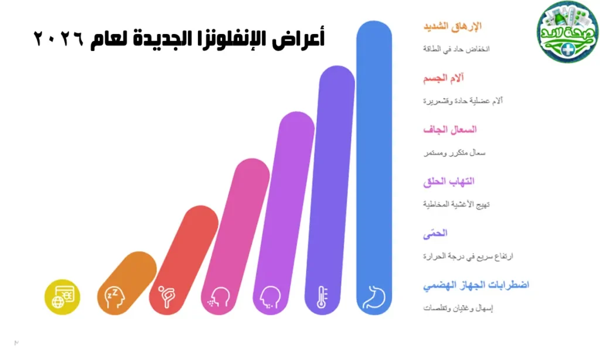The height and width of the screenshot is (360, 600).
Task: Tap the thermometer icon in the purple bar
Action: click(x=322, y=297)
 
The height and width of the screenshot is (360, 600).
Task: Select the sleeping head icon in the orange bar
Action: click(x=115, y=297)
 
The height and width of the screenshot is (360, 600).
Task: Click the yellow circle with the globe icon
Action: click(x=62, y=297)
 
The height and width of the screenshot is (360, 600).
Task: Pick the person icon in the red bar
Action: click(x=167, y=297)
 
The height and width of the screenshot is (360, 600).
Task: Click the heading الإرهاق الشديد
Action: click(x=452, y=26)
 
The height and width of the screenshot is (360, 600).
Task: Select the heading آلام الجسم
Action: click(x=444, y=78)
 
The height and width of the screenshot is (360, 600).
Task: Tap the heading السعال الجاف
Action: click(x=449, y=130)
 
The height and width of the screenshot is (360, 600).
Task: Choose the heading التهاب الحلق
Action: click(x=449, y=181)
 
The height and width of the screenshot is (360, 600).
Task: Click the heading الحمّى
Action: click(x=435, y=233)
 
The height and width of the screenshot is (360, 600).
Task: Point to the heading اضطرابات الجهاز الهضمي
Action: click(x=476, y=285)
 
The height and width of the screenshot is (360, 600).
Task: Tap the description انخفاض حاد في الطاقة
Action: click(x=456, y=49)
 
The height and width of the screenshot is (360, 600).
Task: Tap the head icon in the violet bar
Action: click(x=271, y=297)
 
